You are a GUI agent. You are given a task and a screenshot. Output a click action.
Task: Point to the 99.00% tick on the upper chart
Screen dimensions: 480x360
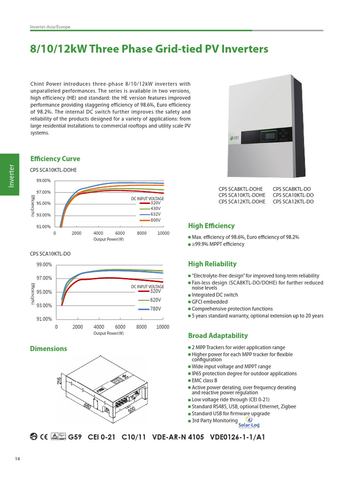[44, 181]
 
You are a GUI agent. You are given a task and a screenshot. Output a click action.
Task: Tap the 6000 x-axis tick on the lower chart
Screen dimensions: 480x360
[120, 327]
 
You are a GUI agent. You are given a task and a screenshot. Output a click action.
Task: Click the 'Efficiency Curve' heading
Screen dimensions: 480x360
[55, 158]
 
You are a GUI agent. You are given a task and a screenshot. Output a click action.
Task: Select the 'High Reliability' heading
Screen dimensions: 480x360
[212, 264]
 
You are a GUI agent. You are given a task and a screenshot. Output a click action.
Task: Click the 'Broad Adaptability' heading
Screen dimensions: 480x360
[217, 336]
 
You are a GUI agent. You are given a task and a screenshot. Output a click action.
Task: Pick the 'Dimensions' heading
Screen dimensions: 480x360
[48, 349]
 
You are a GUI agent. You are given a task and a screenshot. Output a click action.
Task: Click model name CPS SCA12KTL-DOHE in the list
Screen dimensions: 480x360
[242, 202]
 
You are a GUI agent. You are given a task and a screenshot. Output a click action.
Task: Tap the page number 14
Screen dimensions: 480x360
[17, 458]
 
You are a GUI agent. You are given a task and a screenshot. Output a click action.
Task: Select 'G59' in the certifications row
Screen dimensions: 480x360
[75, 437]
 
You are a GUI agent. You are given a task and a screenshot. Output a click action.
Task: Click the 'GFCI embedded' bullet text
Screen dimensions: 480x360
[210, 302]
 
